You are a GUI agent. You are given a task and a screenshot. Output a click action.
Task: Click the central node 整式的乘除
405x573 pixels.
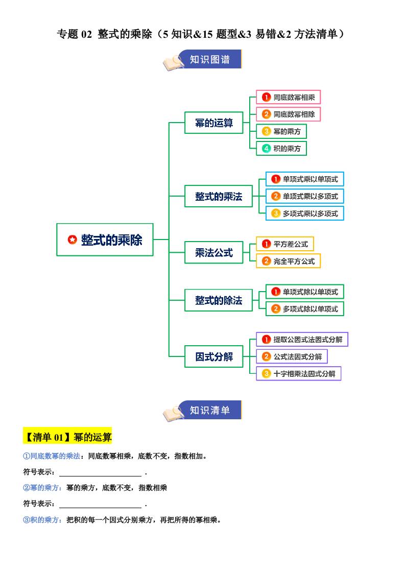105,240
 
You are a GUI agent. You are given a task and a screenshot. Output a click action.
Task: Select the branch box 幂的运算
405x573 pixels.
214,123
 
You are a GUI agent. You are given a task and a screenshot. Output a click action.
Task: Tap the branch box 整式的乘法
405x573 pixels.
219,196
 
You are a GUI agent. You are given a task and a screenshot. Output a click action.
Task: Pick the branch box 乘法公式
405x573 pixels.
214,252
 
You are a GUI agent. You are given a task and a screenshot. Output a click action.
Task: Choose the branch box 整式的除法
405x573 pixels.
219,300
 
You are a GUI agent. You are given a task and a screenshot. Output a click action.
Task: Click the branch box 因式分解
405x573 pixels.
214,356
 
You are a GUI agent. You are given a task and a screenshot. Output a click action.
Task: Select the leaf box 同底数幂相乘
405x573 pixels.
288,97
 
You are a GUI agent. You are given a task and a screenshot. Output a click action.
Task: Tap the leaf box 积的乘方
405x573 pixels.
281,149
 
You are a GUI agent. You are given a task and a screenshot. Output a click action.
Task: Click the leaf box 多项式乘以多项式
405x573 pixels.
305,213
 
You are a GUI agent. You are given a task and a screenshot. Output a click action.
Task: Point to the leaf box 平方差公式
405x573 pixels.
285,244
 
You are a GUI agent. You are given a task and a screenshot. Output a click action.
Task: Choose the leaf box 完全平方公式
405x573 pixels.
288,261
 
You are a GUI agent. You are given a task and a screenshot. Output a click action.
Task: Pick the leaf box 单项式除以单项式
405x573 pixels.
305,292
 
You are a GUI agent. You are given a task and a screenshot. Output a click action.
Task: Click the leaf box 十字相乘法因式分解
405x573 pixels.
298,373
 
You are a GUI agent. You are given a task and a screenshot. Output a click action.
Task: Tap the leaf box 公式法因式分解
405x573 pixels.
292,356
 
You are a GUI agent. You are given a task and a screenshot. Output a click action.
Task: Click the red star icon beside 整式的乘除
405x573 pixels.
72,240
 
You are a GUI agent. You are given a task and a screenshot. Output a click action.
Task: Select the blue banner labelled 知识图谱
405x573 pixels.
209,59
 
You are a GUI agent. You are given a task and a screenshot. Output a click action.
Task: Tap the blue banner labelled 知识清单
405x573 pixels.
209,410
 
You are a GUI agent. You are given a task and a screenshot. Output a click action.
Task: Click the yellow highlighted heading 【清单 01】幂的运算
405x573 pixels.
67,437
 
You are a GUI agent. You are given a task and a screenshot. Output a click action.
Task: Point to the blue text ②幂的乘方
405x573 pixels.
43,488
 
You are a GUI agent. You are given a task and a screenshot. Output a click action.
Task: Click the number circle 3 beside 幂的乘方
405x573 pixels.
266,131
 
